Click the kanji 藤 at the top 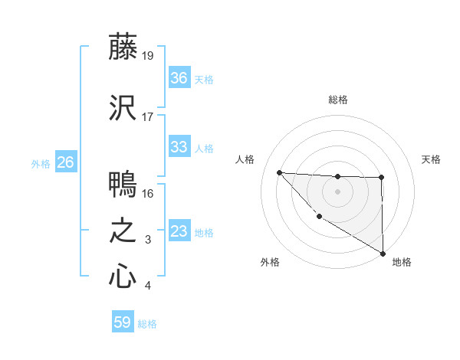pos(123,48)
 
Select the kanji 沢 pos(123,109)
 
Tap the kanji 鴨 pos(123,185)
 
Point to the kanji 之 pos(123,231)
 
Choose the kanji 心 pos(123,277)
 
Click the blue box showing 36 pos(179,78)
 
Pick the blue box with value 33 pos(179,147)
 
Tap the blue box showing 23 pos(179,231)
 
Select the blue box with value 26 pos(66,162)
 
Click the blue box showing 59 pos(122,322)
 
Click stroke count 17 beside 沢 pos(149,117)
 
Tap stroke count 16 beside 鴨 pos(149,194)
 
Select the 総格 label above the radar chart pos(337,100)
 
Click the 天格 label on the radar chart pos(432,159)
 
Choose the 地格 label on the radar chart pos(402,262)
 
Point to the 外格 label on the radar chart pos(270,262)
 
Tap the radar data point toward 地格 pos(383,254)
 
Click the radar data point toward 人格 pos(279,172)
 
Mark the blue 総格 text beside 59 pos(147,324)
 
